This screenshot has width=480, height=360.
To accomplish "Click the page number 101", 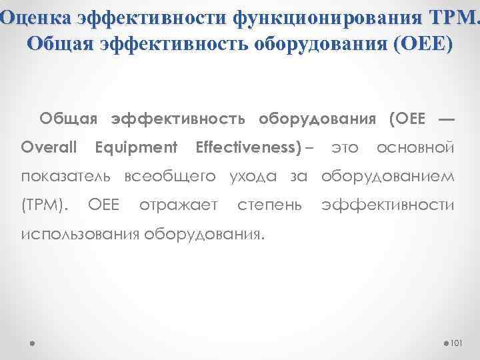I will [x=457, y=343].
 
